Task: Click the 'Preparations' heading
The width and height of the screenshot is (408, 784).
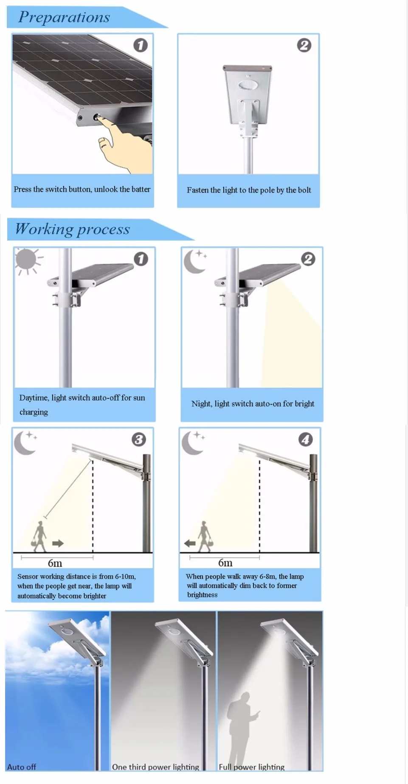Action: (64, 17)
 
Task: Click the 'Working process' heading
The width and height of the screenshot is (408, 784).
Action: (72, 229)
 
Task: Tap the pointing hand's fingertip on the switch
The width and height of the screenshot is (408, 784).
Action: (101, 117)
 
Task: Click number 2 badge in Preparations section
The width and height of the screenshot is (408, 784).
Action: (304, 45)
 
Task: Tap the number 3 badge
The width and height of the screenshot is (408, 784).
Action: (138, 440)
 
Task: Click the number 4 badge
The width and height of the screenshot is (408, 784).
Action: (306, 440)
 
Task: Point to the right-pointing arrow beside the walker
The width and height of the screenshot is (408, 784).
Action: (58, 543)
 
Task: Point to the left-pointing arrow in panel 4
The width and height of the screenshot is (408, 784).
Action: (189, 543)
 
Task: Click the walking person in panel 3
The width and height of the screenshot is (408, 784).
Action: (39, 536)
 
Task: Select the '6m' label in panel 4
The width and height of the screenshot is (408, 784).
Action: (225, 563)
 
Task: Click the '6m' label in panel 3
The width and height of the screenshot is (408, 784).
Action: (55, 563)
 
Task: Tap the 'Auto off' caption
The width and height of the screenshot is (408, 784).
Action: (22, 767)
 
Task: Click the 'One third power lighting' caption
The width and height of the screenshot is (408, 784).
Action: (155, 767)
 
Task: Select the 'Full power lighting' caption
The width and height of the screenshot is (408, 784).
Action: (252, 767)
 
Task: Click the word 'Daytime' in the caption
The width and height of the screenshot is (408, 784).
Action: (34, 398)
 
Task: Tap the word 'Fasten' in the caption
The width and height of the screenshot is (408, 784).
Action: (198, 190)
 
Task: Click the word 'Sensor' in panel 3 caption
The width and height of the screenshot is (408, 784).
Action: (28, 577)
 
